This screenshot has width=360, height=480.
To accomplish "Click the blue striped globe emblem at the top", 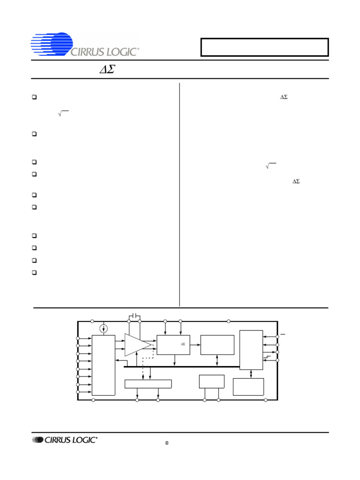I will pyautogui.click(x=52, y=44).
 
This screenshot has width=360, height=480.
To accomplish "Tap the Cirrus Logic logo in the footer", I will pyautogui.click(x=65, y=440).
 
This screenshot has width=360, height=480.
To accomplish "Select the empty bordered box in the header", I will pyautogui.click(x=264, y=47).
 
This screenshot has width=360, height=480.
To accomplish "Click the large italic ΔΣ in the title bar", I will pyautogui.click(x=108, y=70).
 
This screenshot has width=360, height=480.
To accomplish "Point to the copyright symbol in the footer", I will pyautogui.click(x=166, y=443).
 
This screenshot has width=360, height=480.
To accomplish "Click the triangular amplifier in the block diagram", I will pyautogui.click(x=137, y=345).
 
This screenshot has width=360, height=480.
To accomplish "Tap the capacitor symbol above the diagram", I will pyautogui.click(x=135, y=316).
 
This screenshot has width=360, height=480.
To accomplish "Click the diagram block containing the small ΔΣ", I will pyautogui.click(x=173, y=345).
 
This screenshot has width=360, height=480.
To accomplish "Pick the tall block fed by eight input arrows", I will pyautogui.click(x=103, y=365).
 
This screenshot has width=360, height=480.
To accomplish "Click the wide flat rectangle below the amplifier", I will pyautogui.click(x=148, y=384).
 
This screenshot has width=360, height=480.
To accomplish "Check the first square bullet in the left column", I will pyautogui.click(x=35, y=97).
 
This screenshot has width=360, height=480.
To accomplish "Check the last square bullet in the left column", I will pyautogui.click(x=35, y=272).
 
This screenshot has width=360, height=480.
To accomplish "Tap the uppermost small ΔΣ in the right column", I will pyautogui.click(x=284, y=97).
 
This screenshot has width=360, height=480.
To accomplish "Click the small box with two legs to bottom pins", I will pyautogui.click(x=211, y=381).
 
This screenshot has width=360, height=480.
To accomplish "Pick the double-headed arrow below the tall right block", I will pyautogui.click(x=252, y=374).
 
